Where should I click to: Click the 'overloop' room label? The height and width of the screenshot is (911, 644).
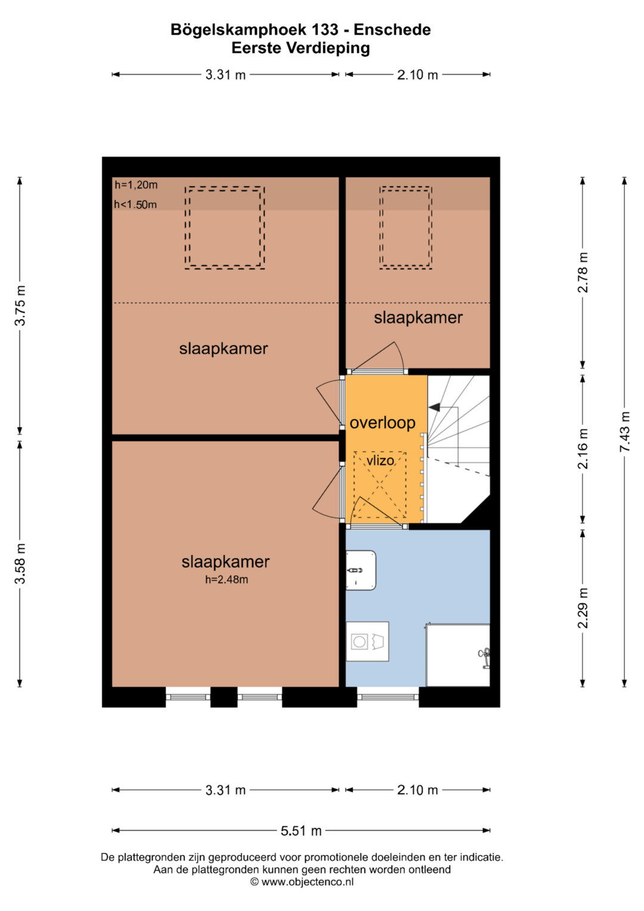pos(382,423)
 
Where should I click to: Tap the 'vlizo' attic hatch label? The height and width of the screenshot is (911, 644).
pos(380,461)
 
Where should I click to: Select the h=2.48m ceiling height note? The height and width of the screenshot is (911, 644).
pos(227,579)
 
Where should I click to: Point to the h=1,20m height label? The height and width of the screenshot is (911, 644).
pos(136,185)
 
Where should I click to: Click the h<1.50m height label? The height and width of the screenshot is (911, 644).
pos(135,205)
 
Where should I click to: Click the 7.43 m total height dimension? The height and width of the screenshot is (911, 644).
pos(625,431)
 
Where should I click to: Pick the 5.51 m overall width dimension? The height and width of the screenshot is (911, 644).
pos(301,831)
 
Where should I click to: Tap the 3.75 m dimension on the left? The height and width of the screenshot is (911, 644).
pos(20,305)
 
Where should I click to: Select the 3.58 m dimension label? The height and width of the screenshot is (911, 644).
pos(20,563)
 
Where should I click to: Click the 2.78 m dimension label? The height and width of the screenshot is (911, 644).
pos(583,273)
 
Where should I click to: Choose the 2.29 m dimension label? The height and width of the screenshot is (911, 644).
pos(583,608)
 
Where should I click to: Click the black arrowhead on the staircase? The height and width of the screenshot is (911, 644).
pos(434,407)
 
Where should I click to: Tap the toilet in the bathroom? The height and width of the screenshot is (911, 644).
pos(361,570)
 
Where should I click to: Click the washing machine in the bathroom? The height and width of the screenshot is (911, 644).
pos(367,641)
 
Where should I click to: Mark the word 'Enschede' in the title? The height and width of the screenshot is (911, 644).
pos(392,30)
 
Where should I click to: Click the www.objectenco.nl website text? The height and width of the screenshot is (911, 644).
pos(307,882)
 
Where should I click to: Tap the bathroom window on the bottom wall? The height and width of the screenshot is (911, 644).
pos(388,697)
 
